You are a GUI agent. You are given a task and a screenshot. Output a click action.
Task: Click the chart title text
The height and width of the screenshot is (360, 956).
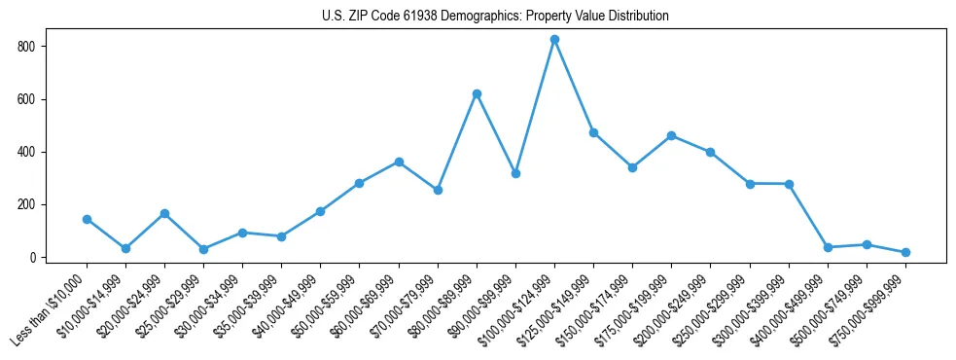tap(495, 17)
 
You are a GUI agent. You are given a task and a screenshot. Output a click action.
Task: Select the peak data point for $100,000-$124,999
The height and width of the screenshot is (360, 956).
tap(554, 40)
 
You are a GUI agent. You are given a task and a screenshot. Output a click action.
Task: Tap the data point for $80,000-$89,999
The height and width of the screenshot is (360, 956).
tap(477, 93)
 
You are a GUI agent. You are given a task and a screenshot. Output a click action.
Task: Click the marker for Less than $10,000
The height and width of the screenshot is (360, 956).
tap(87, 219)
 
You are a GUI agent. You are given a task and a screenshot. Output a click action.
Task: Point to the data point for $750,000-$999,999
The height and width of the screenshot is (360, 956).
tap(905, 252)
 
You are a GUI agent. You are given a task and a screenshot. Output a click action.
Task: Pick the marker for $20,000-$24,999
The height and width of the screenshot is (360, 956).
tap(164, 213)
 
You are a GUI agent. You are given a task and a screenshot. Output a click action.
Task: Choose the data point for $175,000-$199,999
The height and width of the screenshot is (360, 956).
tap(671, 135)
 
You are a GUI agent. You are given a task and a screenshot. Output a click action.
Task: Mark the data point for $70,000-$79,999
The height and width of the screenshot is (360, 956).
tap(438, 190)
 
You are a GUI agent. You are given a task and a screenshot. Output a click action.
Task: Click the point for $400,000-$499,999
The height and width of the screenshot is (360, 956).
tap(828, 247)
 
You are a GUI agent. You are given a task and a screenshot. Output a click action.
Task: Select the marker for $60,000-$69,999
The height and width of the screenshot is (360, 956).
tap(399, 162)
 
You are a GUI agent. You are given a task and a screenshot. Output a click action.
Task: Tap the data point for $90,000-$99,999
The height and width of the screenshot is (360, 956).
tap(515, 173)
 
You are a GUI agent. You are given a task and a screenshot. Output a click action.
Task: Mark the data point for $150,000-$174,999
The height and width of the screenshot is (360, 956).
tap(632, 167)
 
